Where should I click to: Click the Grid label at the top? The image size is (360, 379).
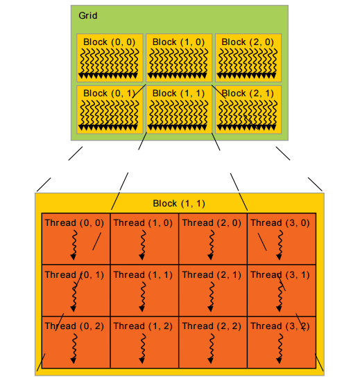click(x=87, y=15)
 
